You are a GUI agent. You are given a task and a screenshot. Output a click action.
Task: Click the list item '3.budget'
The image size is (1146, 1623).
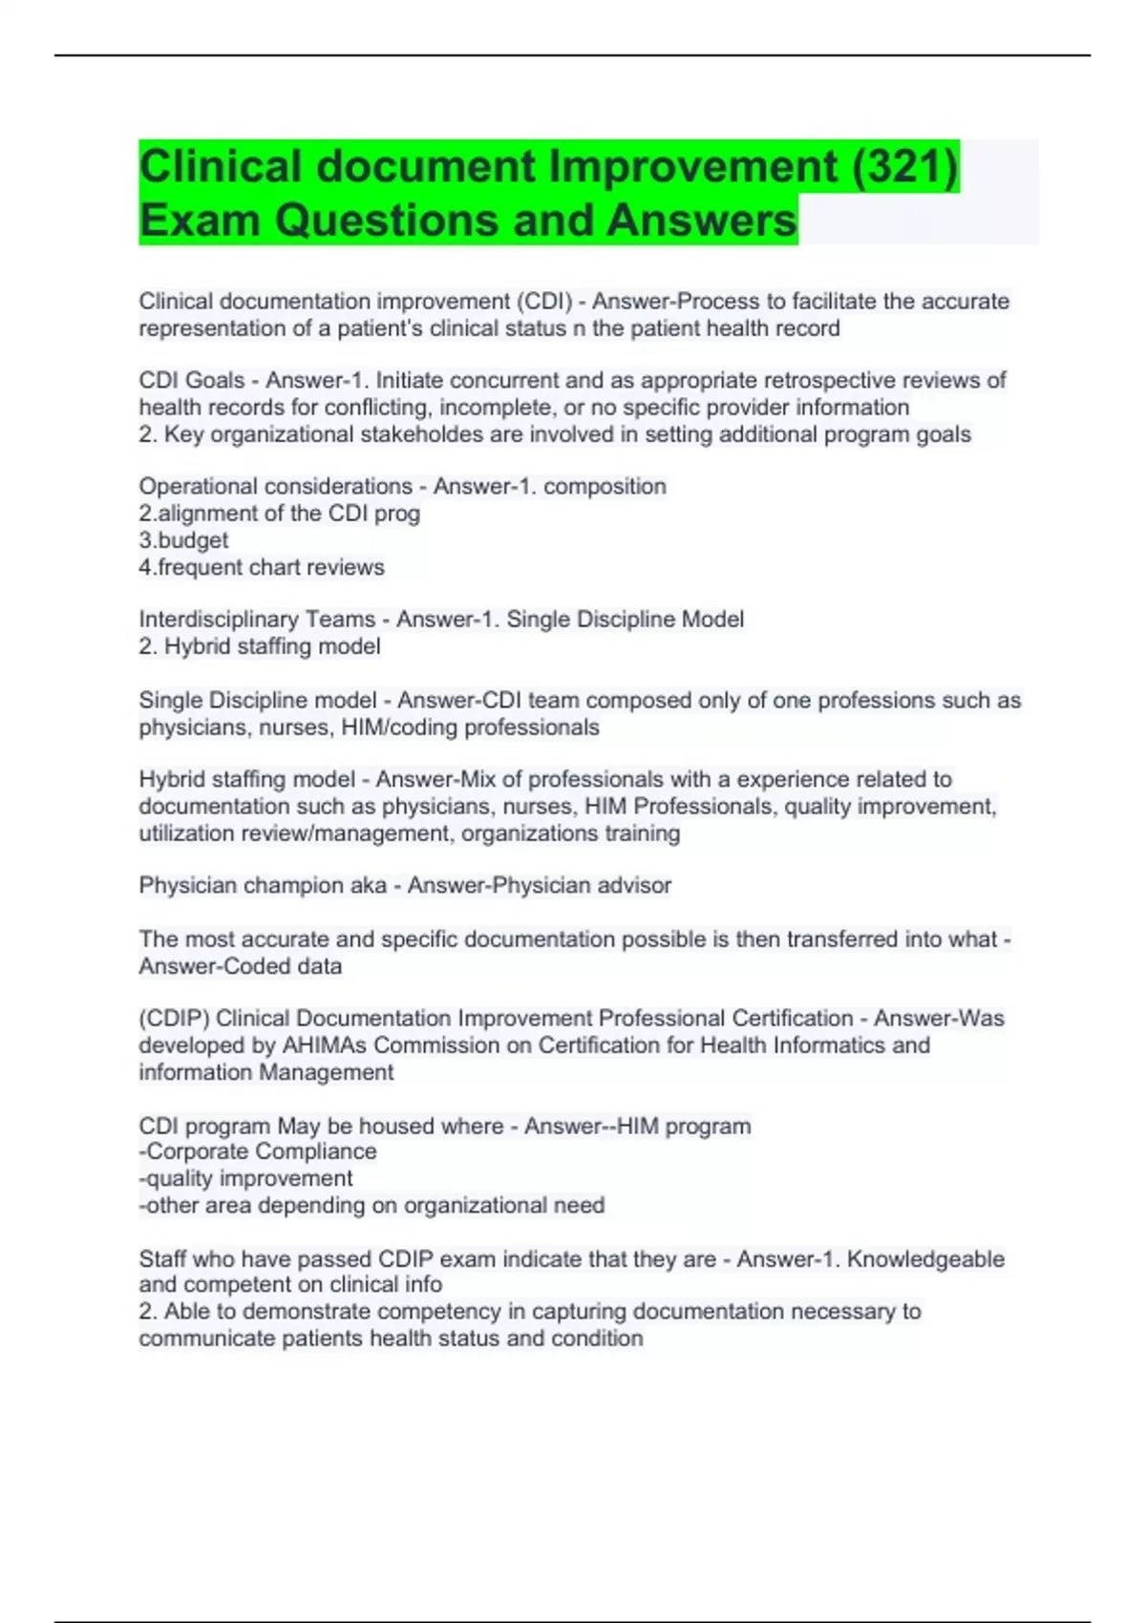pyautogui.click(x=183, y=540)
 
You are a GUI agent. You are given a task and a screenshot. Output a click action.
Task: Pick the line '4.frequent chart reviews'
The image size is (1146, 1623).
pyautogui.click(x=262, y=567)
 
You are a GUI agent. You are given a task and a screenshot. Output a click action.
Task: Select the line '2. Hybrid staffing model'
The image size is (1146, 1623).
pyautogui.click(x=260, y=646)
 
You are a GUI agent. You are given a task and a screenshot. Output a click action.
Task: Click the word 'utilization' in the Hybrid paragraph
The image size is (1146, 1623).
pyautogui.click(x=186, y=833)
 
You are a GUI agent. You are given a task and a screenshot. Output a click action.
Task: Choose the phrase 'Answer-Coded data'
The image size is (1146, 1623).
pyautogui.click(x=240, y=966)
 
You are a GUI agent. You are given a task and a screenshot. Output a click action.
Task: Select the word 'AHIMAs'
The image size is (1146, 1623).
pyautogui.click(x=324, y=1045)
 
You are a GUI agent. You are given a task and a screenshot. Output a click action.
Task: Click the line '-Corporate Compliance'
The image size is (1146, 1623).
pyautogui.click(x=258, y=1152)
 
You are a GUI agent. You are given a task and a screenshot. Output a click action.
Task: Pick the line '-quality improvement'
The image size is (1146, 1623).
pyautogui.click(x=245, y=1179)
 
